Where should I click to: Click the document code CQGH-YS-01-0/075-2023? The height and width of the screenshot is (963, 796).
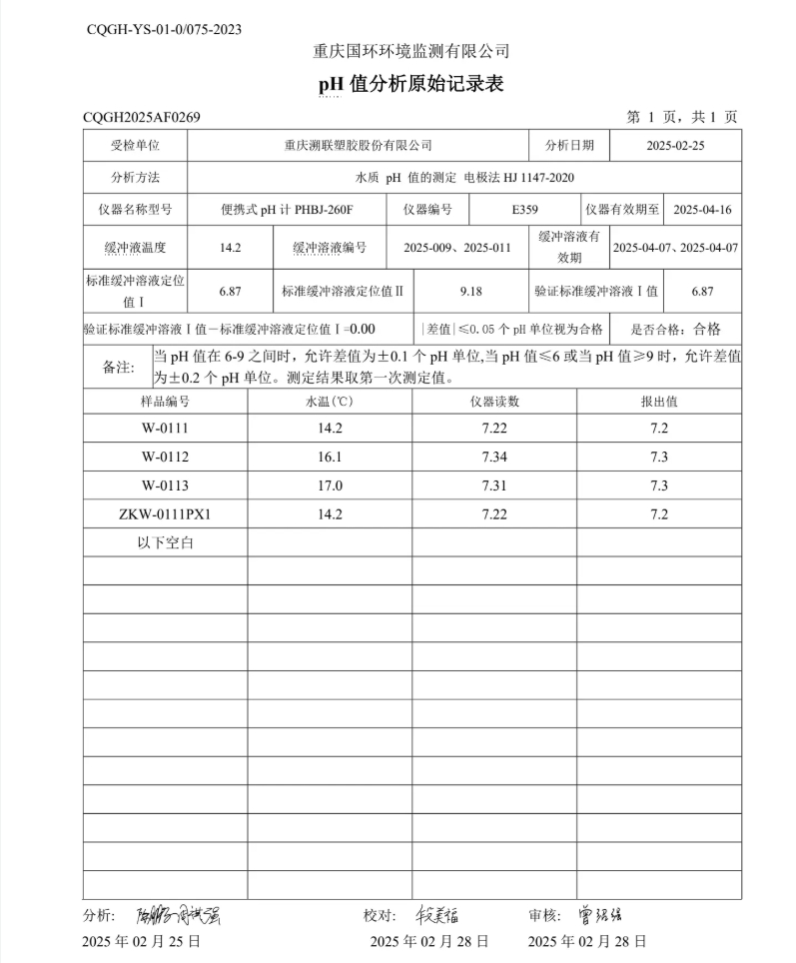tap(164, 30)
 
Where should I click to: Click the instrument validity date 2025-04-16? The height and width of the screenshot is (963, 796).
tap(702, 210)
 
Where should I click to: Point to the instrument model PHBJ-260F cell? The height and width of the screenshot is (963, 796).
tap(288, 210)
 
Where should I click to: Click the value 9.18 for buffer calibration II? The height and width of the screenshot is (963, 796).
tap(470, 291)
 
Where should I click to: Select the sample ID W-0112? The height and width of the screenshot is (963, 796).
tap(165, 457)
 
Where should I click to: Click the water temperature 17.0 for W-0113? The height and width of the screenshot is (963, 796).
tap(330, 485)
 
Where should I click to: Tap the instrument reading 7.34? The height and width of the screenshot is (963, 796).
tap(494, 457)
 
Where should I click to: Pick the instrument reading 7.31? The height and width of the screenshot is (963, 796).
tap(494, 485)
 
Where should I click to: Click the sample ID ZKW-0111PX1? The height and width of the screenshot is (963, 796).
tap(165, 514)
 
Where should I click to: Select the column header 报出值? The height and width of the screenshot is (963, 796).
tap(659, 401)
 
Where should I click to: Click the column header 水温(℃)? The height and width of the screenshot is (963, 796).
tap(330, 401)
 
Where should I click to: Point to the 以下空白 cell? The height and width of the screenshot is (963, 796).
tap(165, 543)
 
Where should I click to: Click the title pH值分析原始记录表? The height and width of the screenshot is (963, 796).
tap(410, 84)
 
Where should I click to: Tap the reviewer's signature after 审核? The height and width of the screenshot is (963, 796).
tap(605, 915)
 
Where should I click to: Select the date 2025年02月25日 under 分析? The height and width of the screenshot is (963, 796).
tap(142, 941)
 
